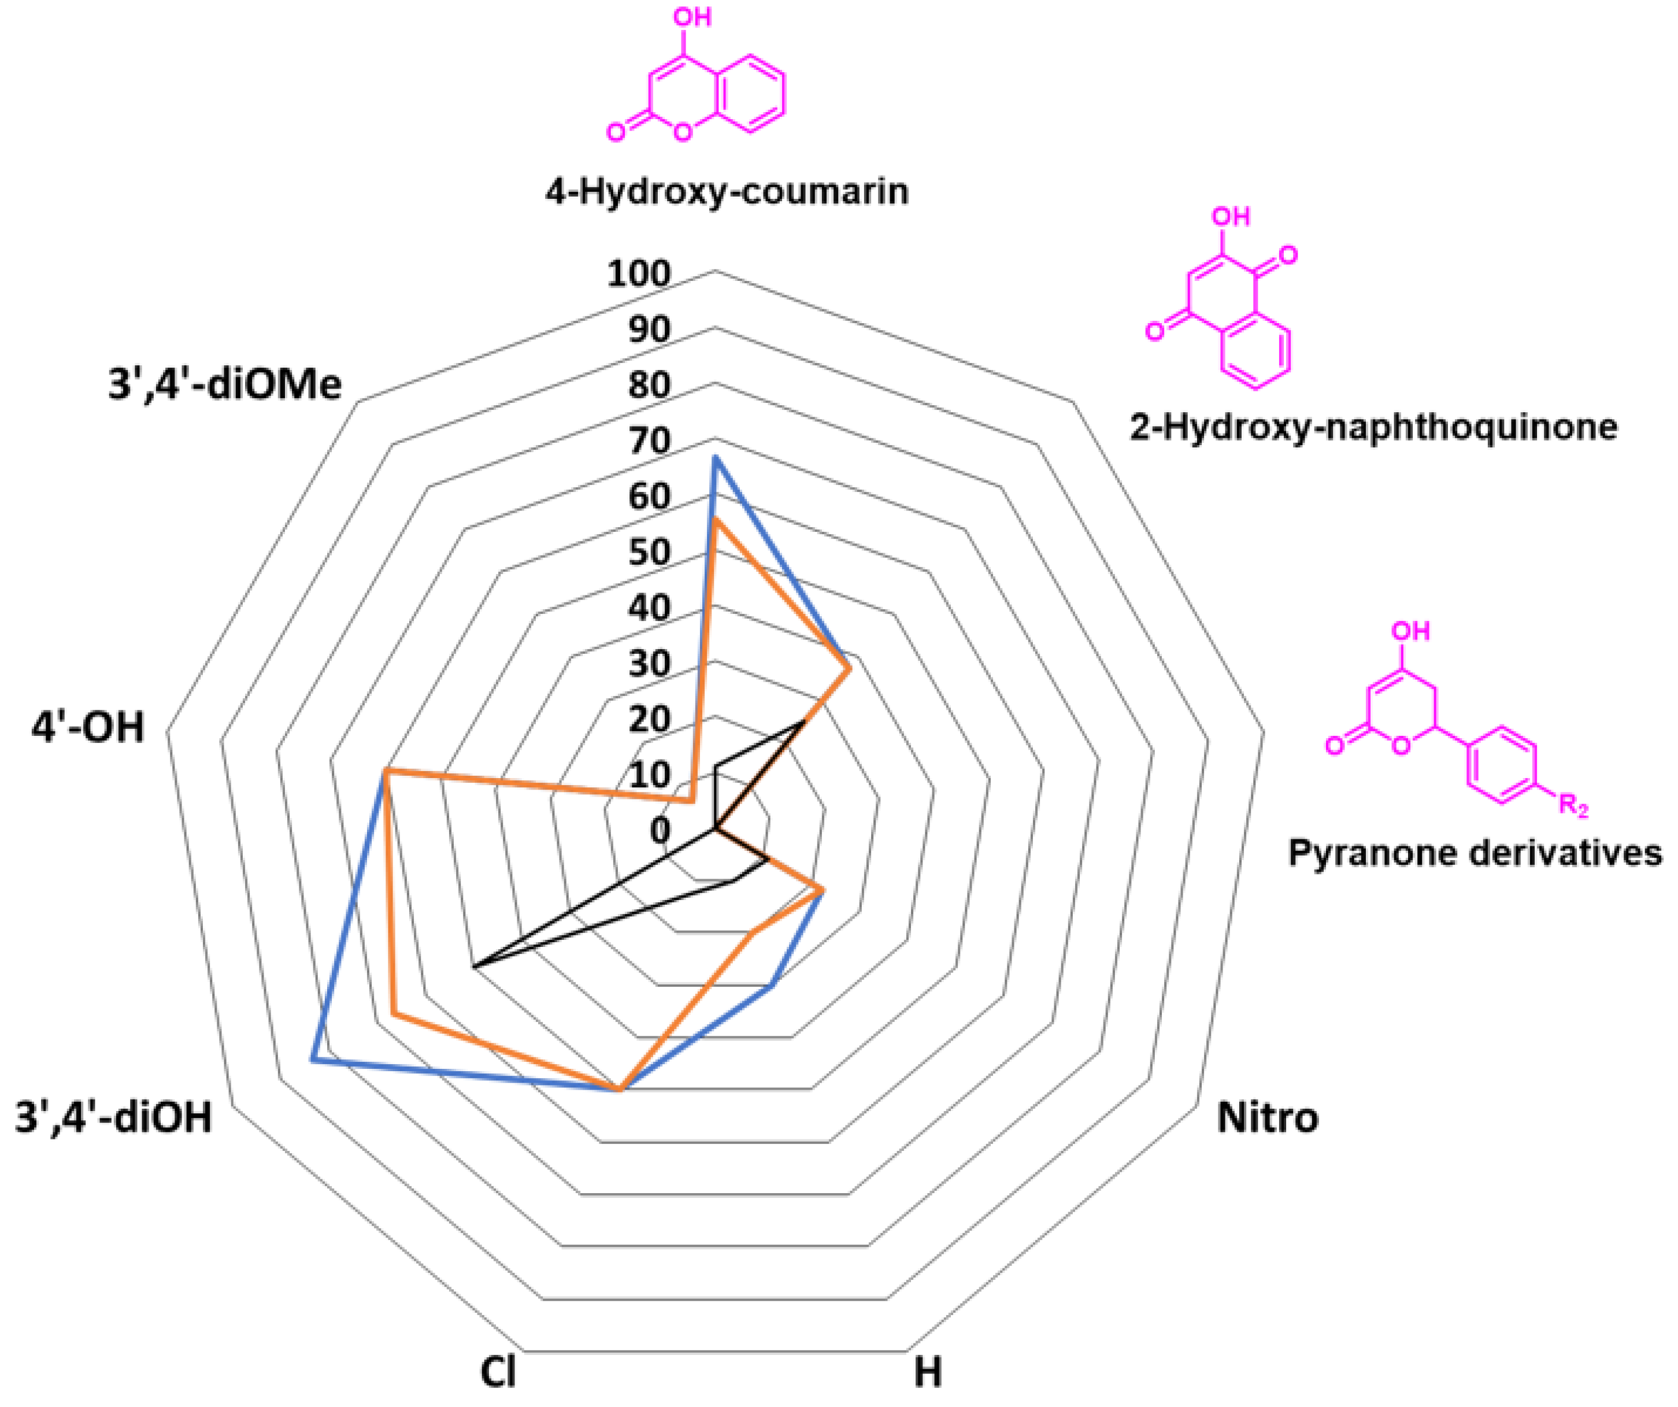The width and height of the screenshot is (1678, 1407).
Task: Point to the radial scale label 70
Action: click(x=649, y=441)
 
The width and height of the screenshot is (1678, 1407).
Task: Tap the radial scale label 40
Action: click(x=649, y=608)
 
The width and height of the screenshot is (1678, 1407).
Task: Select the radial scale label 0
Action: click(x=660, y=831)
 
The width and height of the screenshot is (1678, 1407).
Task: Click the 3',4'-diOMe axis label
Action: click(x=224, y=384)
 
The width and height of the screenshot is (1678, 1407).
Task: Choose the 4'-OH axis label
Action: click(x=88, y=728)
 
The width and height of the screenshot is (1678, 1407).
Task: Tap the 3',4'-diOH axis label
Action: click(x=113, y=1117)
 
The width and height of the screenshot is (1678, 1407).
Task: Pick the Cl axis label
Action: click(x=498, y=1372)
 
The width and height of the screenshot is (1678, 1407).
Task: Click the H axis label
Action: click(x=928, y=1372)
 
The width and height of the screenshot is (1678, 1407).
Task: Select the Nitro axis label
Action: click(x=1267, y=1117)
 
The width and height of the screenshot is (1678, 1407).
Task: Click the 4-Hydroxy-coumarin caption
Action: click(x=727, y=192)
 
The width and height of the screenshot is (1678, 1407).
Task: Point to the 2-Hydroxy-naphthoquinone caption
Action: click(x=1373, y=427)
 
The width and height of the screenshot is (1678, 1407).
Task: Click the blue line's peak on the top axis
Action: click(x=715, y=458)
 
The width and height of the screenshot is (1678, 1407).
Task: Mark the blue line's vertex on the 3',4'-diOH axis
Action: click(x=313, y=1060)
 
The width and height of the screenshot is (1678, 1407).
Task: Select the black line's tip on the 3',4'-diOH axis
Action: click(x=474, y=968)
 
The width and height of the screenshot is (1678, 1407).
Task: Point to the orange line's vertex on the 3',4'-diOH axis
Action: click(x=393, y=1014)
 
